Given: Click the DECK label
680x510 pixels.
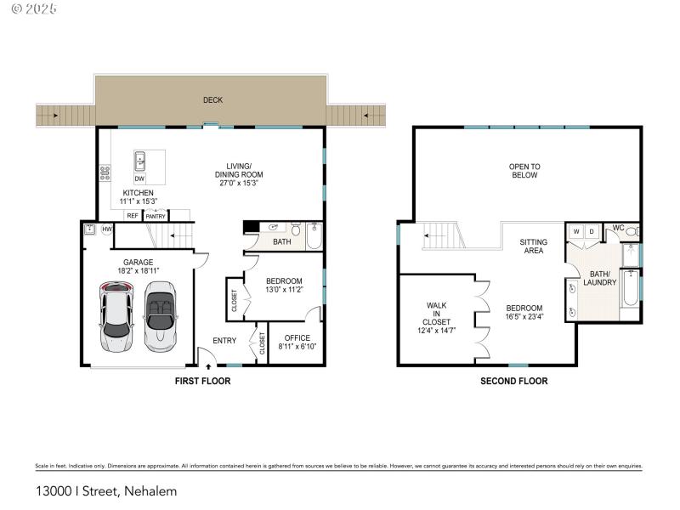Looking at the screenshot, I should pos(212,100).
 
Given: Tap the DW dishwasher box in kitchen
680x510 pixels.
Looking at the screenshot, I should pos(139,178).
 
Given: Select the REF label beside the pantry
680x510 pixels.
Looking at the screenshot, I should pos(133,216).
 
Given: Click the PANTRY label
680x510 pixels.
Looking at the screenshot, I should pos(156,216).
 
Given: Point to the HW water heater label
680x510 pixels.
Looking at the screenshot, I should pos(107,229).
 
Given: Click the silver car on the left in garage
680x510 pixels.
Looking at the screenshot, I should pos(116,317).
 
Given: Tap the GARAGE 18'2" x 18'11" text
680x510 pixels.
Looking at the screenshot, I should pos(138,266).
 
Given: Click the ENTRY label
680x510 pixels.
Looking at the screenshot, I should pos(224,342).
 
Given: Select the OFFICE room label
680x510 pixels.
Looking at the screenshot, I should pos(297,343).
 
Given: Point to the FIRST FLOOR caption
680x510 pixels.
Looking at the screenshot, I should pos(202,382).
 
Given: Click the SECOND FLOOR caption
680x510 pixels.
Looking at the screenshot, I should pos(514,382).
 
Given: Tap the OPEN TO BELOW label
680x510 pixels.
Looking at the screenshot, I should pos(524,171).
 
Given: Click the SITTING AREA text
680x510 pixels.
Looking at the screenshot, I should pos(534,246).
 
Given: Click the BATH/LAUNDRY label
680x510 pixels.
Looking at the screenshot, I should pos(600,278).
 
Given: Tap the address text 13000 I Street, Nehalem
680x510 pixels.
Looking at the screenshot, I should pos(106,490).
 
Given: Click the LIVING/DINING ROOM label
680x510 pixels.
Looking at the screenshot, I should pos(238,174).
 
